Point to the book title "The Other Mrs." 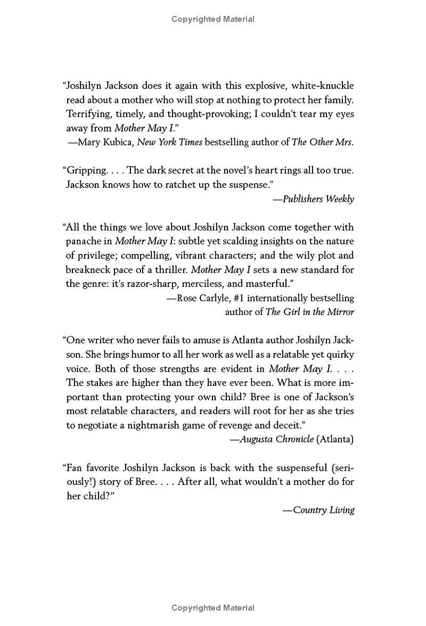point(323,142)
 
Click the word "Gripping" point(86,170)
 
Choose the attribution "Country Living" point(323,510)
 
